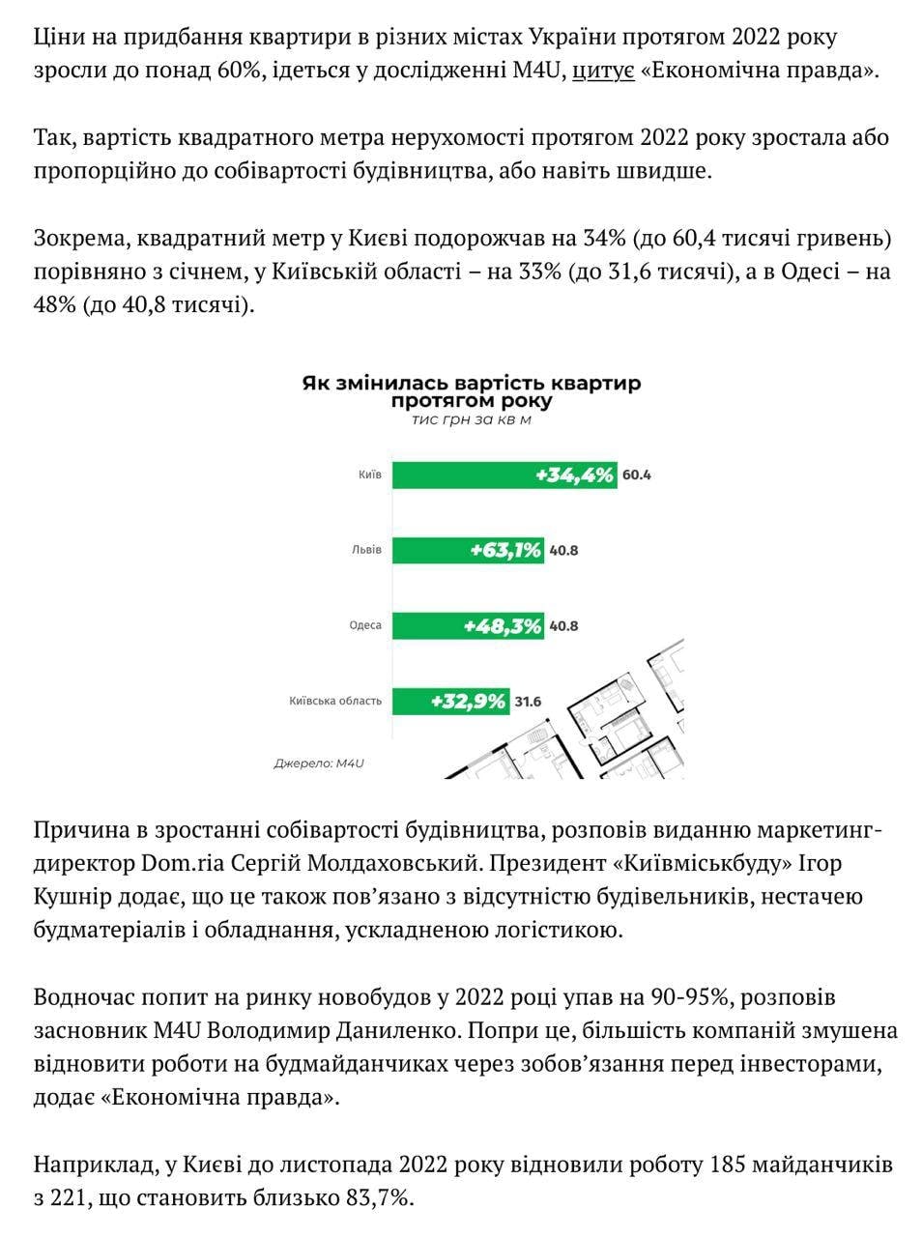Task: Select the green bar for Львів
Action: pyautogui.click(x=468, y=550)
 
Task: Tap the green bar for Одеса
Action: pyautogui.click(x=468, y=625)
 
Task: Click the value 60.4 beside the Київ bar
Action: pyautogui.click(x=636, y=475)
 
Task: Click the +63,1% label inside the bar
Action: pyautogui.click(x=505, y=551)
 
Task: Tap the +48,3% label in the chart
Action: pyautogui.click(x=502, y=626)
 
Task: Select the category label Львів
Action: pyautogui.click(x=366, y=551)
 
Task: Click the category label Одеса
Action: pyautogui.click(x=365, y=625)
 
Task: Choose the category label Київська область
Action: pyautogui.click(x=335, y=701)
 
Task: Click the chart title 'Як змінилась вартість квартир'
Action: pyautogui.click(x=471, y=384)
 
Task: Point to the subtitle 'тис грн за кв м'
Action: pyautogui.click(x=471, y=420)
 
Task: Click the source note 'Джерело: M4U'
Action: pyautogui.click(x=318, y=763)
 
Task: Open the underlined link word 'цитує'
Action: pyautogui.click(x=603, y=71)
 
